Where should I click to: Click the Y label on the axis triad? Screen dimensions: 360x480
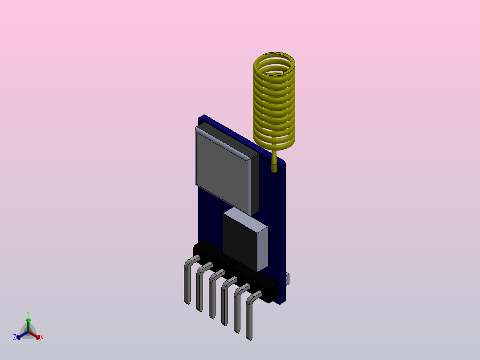pyautogui.click(x=28, y=313)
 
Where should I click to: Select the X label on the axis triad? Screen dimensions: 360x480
pyautogui.click(x=42, y=338)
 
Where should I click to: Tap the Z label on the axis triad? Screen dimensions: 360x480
pyautogui.click(x=15, y=337)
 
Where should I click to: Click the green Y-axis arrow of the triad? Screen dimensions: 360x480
pyautogui.click(x=28, y=323)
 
